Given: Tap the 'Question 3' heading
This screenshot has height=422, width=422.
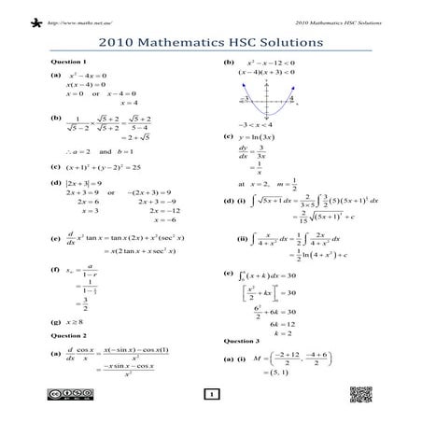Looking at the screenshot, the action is click(241, 341).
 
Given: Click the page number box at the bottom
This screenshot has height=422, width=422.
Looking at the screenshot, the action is click(212, 395).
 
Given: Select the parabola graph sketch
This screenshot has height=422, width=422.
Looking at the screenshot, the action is click(271, 96).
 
